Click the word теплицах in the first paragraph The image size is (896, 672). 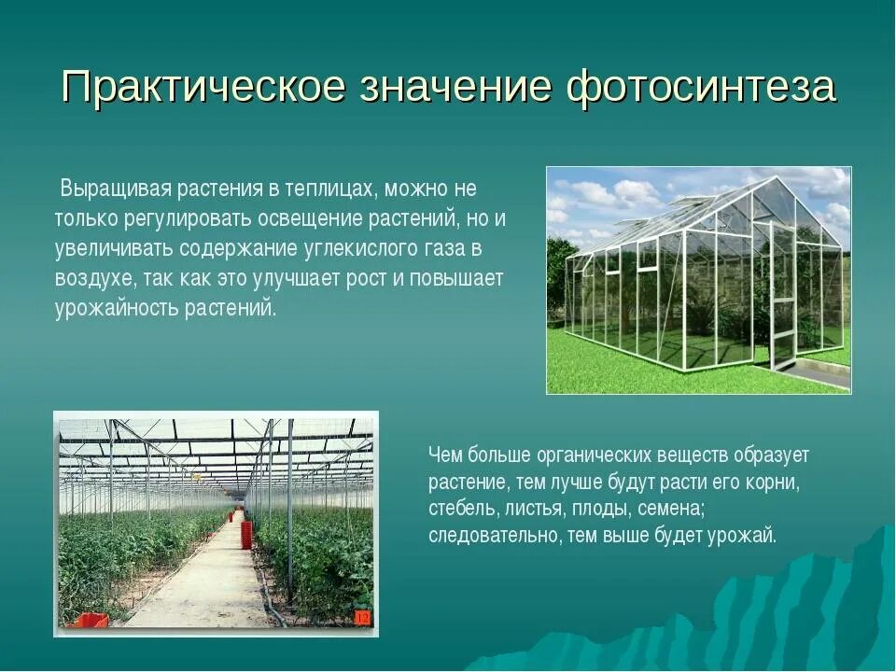point(330,189)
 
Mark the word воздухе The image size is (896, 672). point(96,279)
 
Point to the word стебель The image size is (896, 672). point(464,510)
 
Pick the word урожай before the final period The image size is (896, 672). point(743,537)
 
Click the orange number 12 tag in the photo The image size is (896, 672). point(362,618)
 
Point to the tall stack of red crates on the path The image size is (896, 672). point(246,534)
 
